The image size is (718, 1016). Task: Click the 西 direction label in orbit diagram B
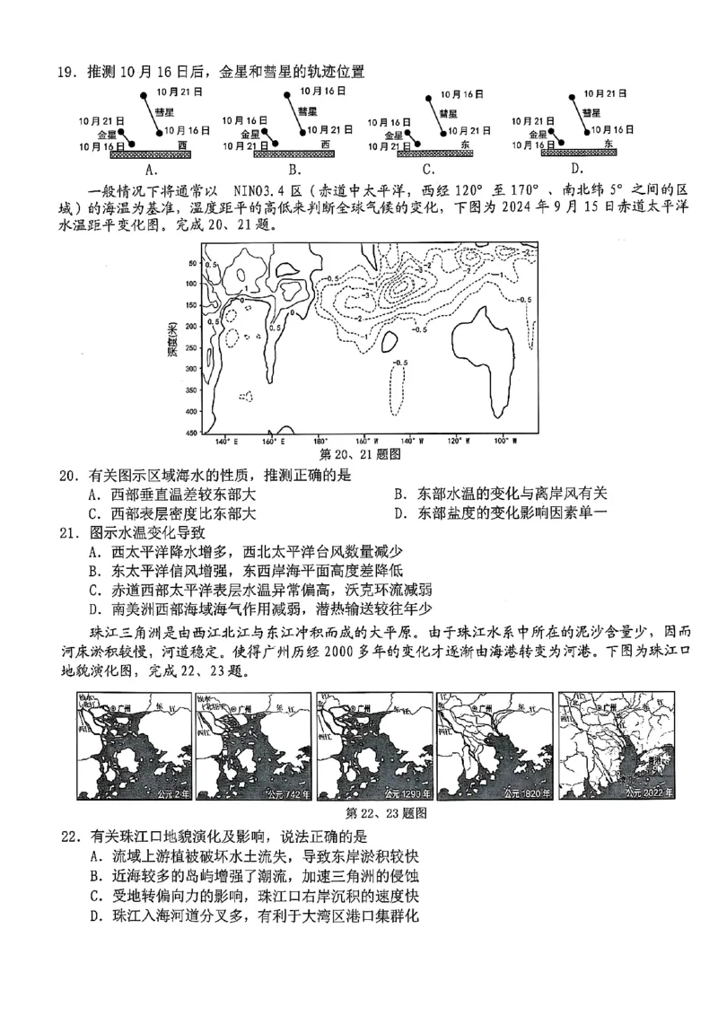click(325, 144)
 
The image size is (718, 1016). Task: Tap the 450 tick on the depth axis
click(191, 433)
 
